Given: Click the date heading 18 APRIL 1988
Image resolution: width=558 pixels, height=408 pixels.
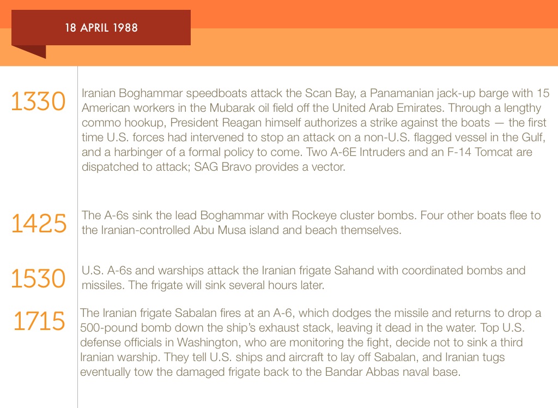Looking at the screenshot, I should pos(101,27).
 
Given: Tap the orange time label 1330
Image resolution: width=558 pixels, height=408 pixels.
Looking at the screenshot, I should pos(38,102).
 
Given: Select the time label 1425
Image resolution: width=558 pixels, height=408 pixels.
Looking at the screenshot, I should pos(39,224).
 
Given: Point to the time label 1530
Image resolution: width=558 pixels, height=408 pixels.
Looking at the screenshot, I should pos(38,278).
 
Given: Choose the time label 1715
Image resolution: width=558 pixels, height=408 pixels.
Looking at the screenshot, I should pos(39,321).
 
